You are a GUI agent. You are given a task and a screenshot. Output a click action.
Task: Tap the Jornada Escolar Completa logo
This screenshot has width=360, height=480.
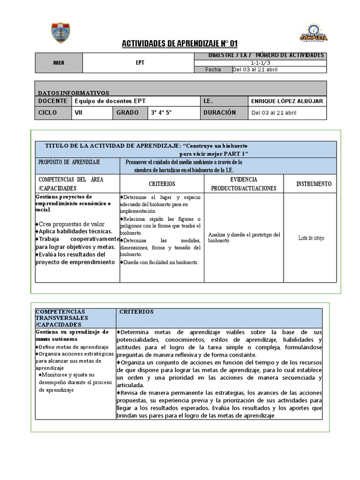(x=313, y=33)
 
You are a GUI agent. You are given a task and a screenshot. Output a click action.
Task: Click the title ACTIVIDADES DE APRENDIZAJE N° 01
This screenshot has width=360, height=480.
(x=180, y=44)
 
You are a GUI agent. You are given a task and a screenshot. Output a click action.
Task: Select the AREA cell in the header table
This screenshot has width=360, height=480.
(x=59, y=63)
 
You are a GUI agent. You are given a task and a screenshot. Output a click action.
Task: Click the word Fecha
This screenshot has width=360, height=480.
(x=213, y=70)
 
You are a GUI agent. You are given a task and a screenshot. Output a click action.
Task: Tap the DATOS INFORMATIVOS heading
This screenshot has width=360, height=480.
(x=73, y=93)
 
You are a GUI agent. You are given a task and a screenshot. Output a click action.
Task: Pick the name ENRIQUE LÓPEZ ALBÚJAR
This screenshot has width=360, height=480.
(x=287, y=101)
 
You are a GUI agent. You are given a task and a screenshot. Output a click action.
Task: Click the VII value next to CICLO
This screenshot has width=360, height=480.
(x=79, y=112)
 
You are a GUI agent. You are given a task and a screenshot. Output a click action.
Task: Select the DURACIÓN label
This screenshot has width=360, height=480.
(x=219, y=112)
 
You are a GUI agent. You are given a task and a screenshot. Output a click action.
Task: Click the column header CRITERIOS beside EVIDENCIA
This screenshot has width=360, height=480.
(x=162, y=184)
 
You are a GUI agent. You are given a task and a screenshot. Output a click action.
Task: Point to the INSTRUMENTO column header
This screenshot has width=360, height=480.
(x=314, y=184)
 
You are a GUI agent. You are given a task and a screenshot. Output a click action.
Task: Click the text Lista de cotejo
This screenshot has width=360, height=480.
(x=311, y=238)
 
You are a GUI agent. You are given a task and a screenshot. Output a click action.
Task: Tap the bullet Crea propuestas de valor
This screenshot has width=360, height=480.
(x=72, y=224)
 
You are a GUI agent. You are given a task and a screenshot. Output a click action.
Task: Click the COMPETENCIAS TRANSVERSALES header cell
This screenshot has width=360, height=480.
(x=60, y=318)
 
